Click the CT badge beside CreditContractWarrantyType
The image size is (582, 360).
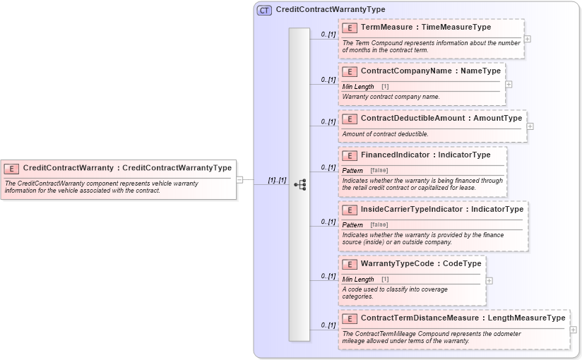[264, 10]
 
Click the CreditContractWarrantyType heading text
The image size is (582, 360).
[330, 10]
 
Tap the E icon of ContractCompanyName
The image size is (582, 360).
[350, 71]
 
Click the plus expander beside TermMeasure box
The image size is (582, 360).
[528, 39]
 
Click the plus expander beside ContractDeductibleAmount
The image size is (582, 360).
[530, 126]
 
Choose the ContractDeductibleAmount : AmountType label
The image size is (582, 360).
[441, 119]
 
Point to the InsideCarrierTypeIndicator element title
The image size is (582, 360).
[442, 210]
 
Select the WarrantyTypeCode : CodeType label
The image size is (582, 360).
[421, 264]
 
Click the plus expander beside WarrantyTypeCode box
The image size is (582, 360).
[489, 280]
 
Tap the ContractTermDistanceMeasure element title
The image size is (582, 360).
[463, 318]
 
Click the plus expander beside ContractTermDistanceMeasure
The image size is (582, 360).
[573, 330]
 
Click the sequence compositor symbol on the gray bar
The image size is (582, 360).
[299, 184]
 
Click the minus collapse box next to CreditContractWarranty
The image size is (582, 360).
[240, 180]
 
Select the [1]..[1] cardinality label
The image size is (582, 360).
[277, 180]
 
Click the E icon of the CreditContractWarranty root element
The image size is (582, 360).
[12, 168]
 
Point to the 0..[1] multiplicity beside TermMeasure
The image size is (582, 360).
[328, 34]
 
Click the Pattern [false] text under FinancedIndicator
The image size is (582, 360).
[364, 171]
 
